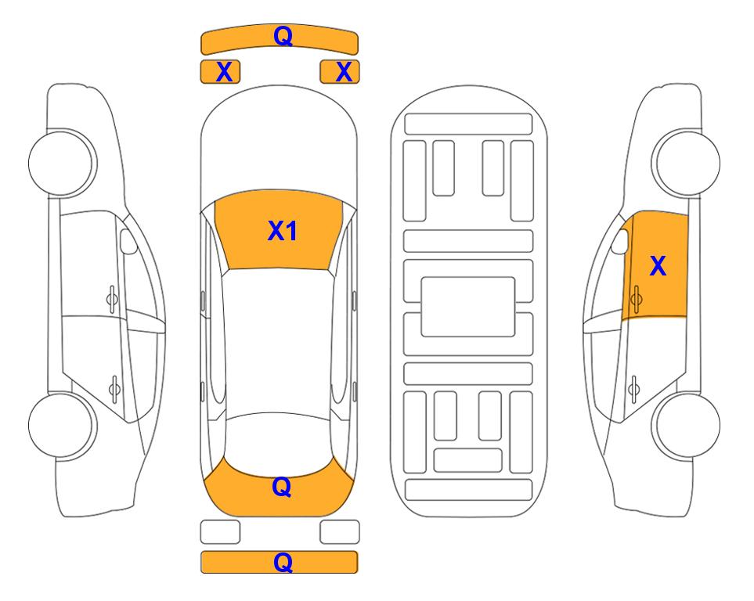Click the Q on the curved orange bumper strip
[x=283, y=35]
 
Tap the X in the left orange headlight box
[x=224, y=72]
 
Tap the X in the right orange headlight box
[x=344, y=72]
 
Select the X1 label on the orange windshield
[x=283, y=231]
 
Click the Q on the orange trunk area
[x=282, y=487]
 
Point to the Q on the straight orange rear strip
[x=283, y=562]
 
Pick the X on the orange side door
[x=658, y=266]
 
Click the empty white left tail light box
[x=220, y=532]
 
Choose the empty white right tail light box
[x=340, y=532]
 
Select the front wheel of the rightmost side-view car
[x=686, y=163]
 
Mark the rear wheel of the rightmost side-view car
[x=686, y=425]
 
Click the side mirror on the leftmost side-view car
[x=128, y=241]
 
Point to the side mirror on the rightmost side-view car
[x=620, y=241]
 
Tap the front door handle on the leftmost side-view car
[x=112, y=299]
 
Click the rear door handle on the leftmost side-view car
[x=114, y=388]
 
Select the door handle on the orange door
[x=636, y=299]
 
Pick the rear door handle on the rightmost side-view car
[x=633, y=388]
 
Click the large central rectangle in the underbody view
[x=468, y=307]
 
